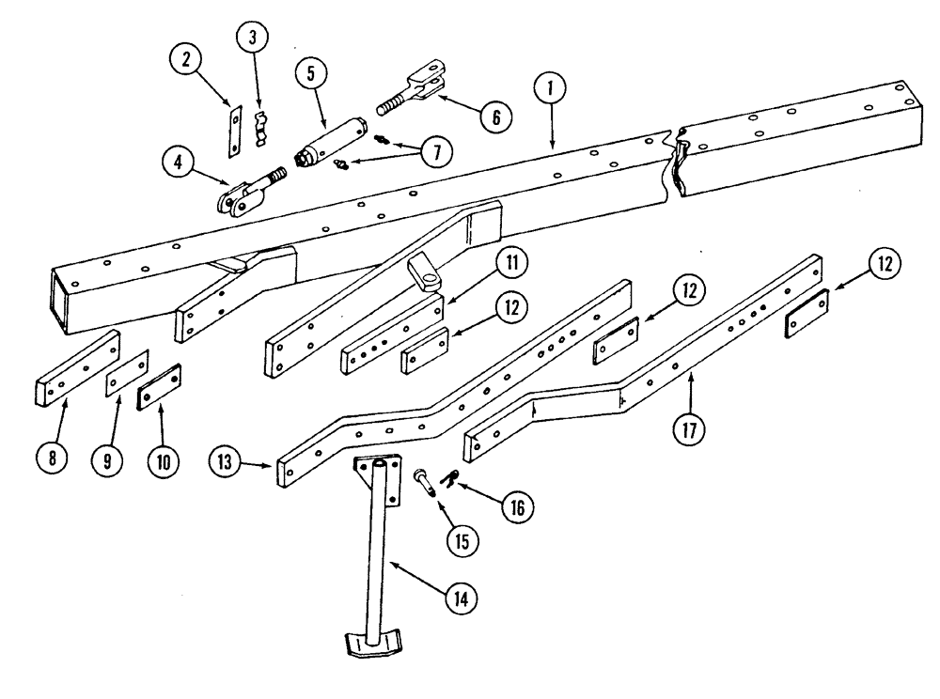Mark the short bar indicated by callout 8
77,368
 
